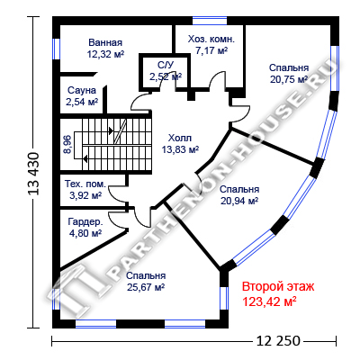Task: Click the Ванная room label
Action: point(105,42)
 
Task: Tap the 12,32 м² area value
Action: point(105,54)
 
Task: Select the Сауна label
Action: point(82,90)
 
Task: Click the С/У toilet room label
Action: point(166,65)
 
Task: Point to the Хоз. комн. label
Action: point(211,39)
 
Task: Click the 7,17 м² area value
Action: point(211,50)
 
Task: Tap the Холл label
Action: point(180,138)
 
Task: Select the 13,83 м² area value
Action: point(180,149)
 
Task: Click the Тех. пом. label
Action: point(85,184)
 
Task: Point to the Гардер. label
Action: point(85,222)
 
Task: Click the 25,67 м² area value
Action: point(146,287)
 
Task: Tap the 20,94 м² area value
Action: point(239,201)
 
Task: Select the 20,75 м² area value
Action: point(289,79)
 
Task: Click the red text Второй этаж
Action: point(278,286)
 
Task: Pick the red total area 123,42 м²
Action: point(269,301)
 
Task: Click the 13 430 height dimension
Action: point(33,174)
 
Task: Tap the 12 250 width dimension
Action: point(278,341)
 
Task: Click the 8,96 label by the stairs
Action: point(67,145)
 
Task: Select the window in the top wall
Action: point(210,21)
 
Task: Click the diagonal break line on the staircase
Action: point(120,131)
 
